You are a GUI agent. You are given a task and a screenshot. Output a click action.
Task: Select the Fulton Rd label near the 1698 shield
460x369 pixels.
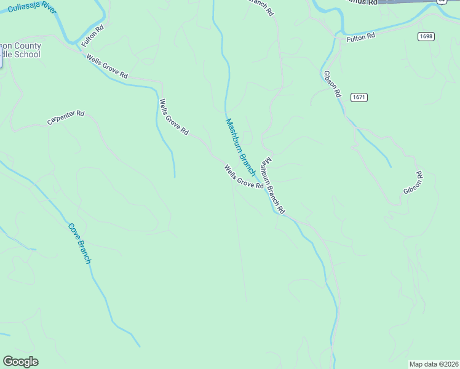[360, 38]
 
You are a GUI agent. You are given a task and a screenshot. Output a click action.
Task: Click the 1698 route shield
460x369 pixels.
[426, 36]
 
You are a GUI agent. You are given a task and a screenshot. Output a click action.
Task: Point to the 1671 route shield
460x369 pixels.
[359, 97]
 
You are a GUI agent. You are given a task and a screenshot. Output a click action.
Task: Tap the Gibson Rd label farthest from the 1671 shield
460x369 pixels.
[413, 183]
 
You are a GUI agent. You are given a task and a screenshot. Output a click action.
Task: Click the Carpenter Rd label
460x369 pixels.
[65, 117]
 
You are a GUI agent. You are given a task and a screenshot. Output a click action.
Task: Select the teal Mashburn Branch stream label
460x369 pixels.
[240, 147]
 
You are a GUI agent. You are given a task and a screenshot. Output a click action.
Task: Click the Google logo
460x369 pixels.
[20, 362]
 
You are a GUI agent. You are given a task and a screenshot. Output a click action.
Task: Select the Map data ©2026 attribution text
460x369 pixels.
[433, 364]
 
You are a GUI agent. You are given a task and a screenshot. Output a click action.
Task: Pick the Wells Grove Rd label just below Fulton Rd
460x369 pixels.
[107, 66]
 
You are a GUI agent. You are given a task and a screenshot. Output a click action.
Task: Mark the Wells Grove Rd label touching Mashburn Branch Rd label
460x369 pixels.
[244, 177]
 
